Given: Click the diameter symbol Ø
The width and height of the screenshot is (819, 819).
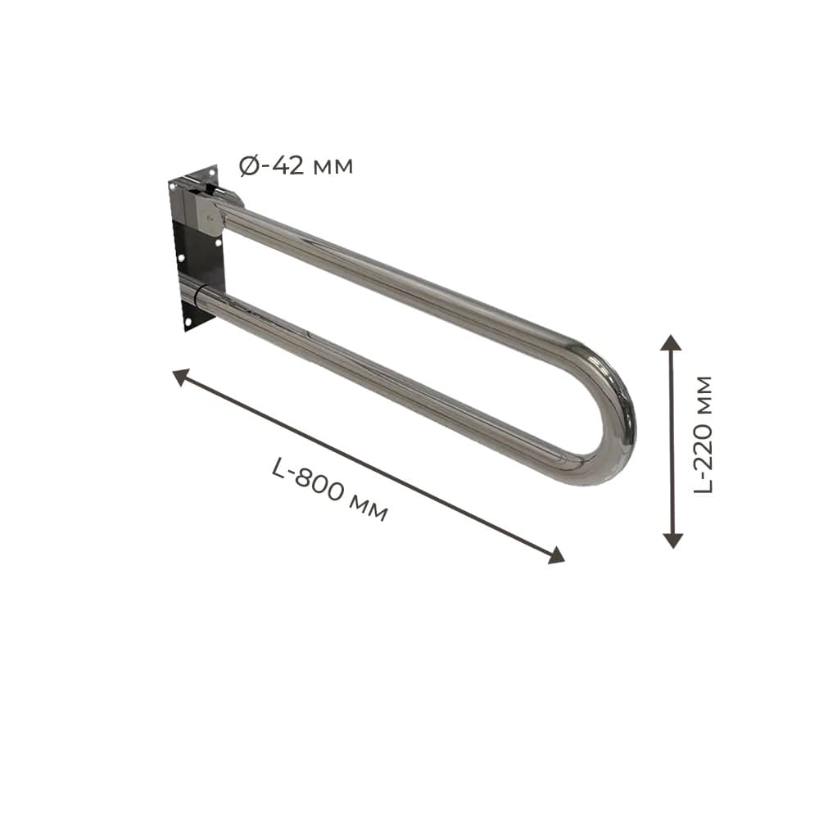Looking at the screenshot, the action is coord(249,166).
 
